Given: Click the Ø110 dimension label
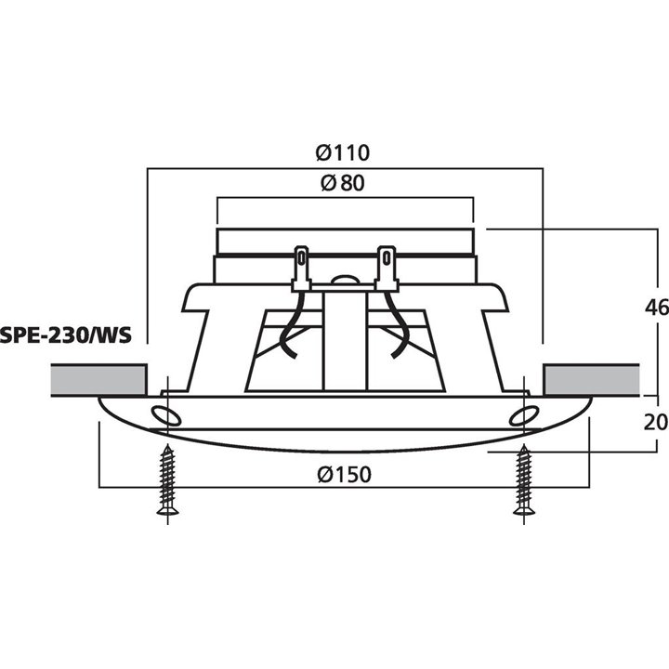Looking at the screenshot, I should (x=343, y=152).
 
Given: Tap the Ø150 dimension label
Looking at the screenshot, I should (x=343, y=475).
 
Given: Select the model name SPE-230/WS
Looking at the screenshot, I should (x=65, y=334).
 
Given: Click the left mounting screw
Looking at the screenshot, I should (x=168, y=479).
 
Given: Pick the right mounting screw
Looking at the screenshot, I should (x=522, y=479).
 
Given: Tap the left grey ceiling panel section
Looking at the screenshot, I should (x=97, y=379).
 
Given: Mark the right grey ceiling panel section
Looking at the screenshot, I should (x=591, y=379).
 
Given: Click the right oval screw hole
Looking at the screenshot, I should (x=521, y=415).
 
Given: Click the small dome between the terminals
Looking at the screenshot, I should (x=344, y=277).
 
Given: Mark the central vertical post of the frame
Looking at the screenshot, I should (x=344, y=344).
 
